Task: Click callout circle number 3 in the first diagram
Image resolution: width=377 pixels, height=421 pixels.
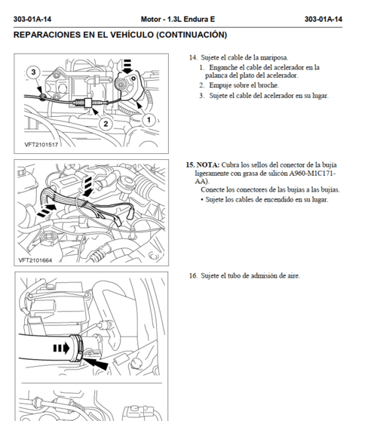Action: coord(33,72)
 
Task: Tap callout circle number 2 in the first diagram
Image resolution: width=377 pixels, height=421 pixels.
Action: coord(106,124)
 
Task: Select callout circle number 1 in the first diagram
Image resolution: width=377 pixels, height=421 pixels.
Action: coord(149,120)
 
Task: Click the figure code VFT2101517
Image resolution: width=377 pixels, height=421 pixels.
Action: coord(41,145)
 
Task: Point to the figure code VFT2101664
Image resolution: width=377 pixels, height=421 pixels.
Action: coord(35,260)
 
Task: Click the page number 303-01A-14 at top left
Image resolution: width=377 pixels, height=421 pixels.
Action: coord(32,20)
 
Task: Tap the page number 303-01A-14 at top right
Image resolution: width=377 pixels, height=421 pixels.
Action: coord(323,20)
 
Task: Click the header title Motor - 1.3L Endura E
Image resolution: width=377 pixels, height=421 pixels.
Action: coord(178,20)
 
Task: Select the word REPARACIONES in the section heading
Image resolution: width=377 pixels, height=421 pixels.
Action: coord(48,35)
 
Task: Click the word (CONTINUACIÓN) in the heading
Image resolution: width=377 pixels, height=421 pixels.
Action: coord(192,35)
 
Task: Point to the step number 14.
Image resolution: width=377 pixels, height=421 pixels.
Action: coord(193,57)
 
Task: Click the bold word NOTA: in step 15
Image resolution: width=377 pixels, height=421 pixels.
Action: coord(208,165)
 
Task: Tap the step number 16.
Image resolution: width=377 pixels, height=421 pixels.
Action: coord(193,275)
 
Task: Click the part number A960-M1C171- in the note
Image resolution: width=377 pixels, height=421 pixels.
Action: coord(312,174)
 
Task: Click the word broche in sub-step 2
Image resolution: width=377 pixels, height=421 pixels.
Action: coord(268,85)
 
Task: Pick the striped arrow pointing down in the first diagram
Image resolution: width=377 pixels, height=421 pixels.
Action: coord(127,66)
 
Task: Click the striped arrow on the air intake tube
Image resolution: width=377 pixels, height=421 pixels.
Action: coord(61,349)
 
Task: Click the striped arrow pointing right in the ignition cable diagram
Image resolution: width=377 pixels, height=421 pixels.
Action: coord(47,210)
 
